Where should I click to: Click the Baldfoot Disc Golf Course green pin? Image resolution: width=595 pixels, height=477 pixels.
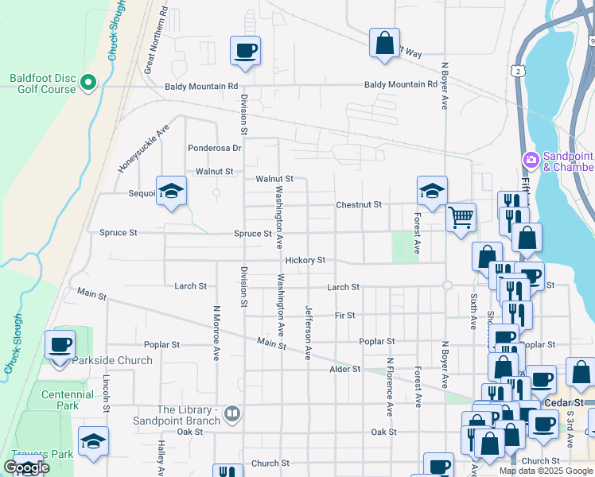(88, 82)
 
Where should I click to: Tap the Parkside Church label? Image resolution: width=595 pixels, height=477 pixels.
(111, 360)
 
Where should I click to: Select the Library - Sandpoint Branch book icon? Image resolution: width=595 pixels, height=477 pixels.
(231, 413)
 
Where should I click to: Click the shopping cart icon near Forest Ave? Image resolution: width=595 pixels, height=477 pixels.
(461, 216)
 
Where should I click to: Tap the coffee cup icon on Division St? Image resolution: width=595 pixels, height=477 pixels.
(245, 52)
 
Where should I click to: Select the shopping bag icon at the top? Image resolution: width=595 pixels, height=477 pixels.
(385, 43)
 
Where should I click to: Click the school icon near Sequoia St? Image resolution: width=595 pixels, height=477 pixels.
(171, 191)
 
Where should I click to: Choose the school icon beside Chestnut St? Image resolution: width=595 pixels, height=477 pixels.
(432, 191)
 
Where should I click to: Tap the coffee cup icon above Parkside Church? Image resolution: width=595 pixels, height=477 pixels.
(60, 345)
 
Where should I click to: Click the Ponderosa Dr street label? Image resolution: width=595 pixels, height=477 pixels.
(214, 148)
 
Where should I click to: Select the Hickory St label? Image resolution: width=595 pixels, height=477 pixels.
(305, 260)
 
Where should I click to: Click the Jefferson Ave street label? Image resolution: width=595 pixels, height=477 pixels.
(307, 332)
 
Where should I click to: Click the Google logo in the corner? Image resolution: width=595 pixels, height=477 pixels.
(26, 467)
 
